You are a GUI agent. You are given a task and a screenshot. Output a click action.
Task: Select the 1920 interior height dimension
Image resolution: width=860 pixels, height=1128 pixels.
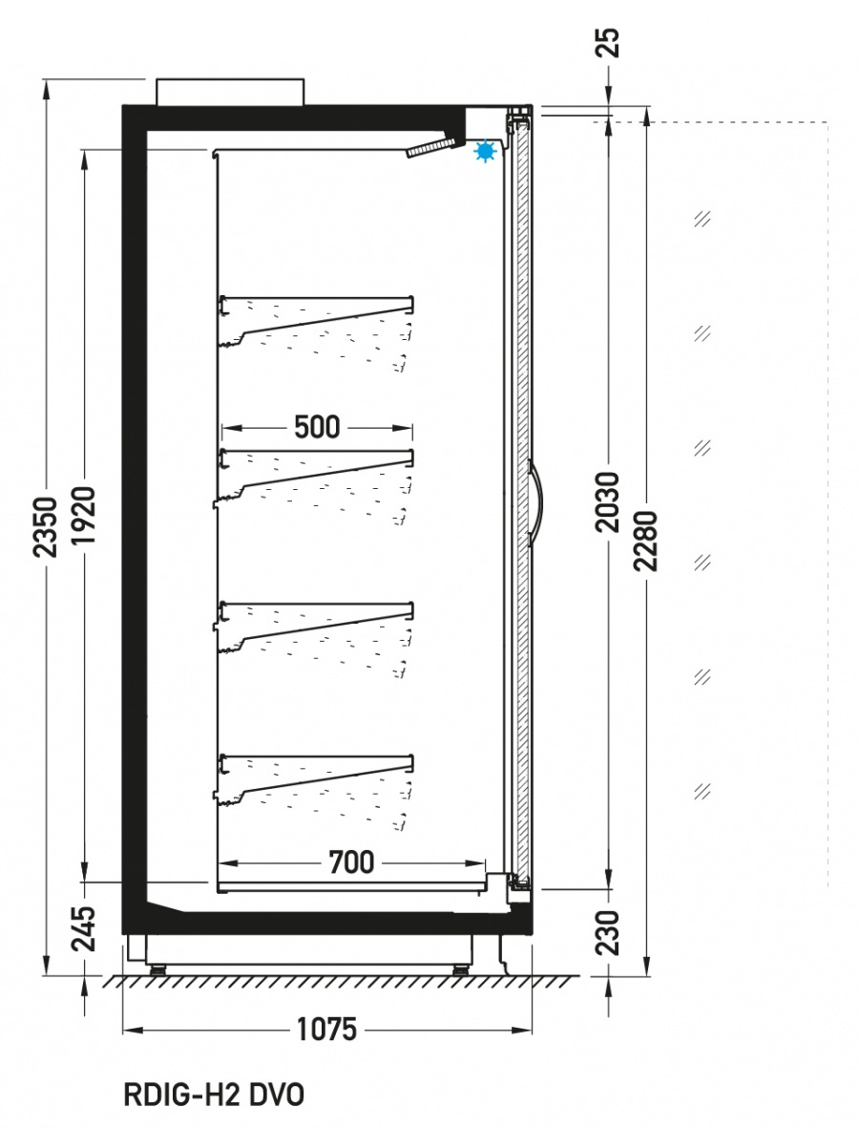point(85,515)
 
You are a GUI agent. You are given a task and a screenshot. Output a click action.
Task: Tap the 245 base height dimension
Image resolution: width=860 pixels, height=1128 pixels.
point(85,928)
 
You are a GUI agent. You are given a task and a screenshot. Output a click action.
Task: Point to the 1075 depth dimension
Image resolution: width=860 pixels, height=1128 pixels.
point(327,1030)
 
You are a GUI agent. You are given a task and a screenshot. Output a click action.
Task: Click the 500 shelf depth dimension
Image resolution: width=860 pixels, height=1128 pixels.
point(317,427)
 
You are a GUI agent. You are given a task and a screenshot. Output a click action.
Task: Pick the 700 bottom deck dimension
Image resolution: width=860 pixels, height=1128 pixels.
point(351,862)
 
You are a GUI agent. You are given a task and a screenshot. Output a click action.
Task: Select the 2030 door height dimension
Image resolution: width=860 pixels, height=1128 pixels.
point(608,501)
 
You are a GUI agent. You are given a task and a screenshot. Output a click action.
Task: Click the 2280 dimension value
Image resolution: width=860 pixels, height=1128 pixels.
point(646,541)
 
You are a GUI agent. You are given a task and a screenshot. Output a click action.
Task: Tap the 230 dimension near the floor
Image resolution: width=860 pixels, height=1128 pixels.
point(608,932)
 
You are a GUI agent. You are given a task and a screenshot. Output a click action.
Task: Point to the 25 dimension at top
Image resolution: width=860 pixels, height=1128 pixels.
point(608,42)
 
